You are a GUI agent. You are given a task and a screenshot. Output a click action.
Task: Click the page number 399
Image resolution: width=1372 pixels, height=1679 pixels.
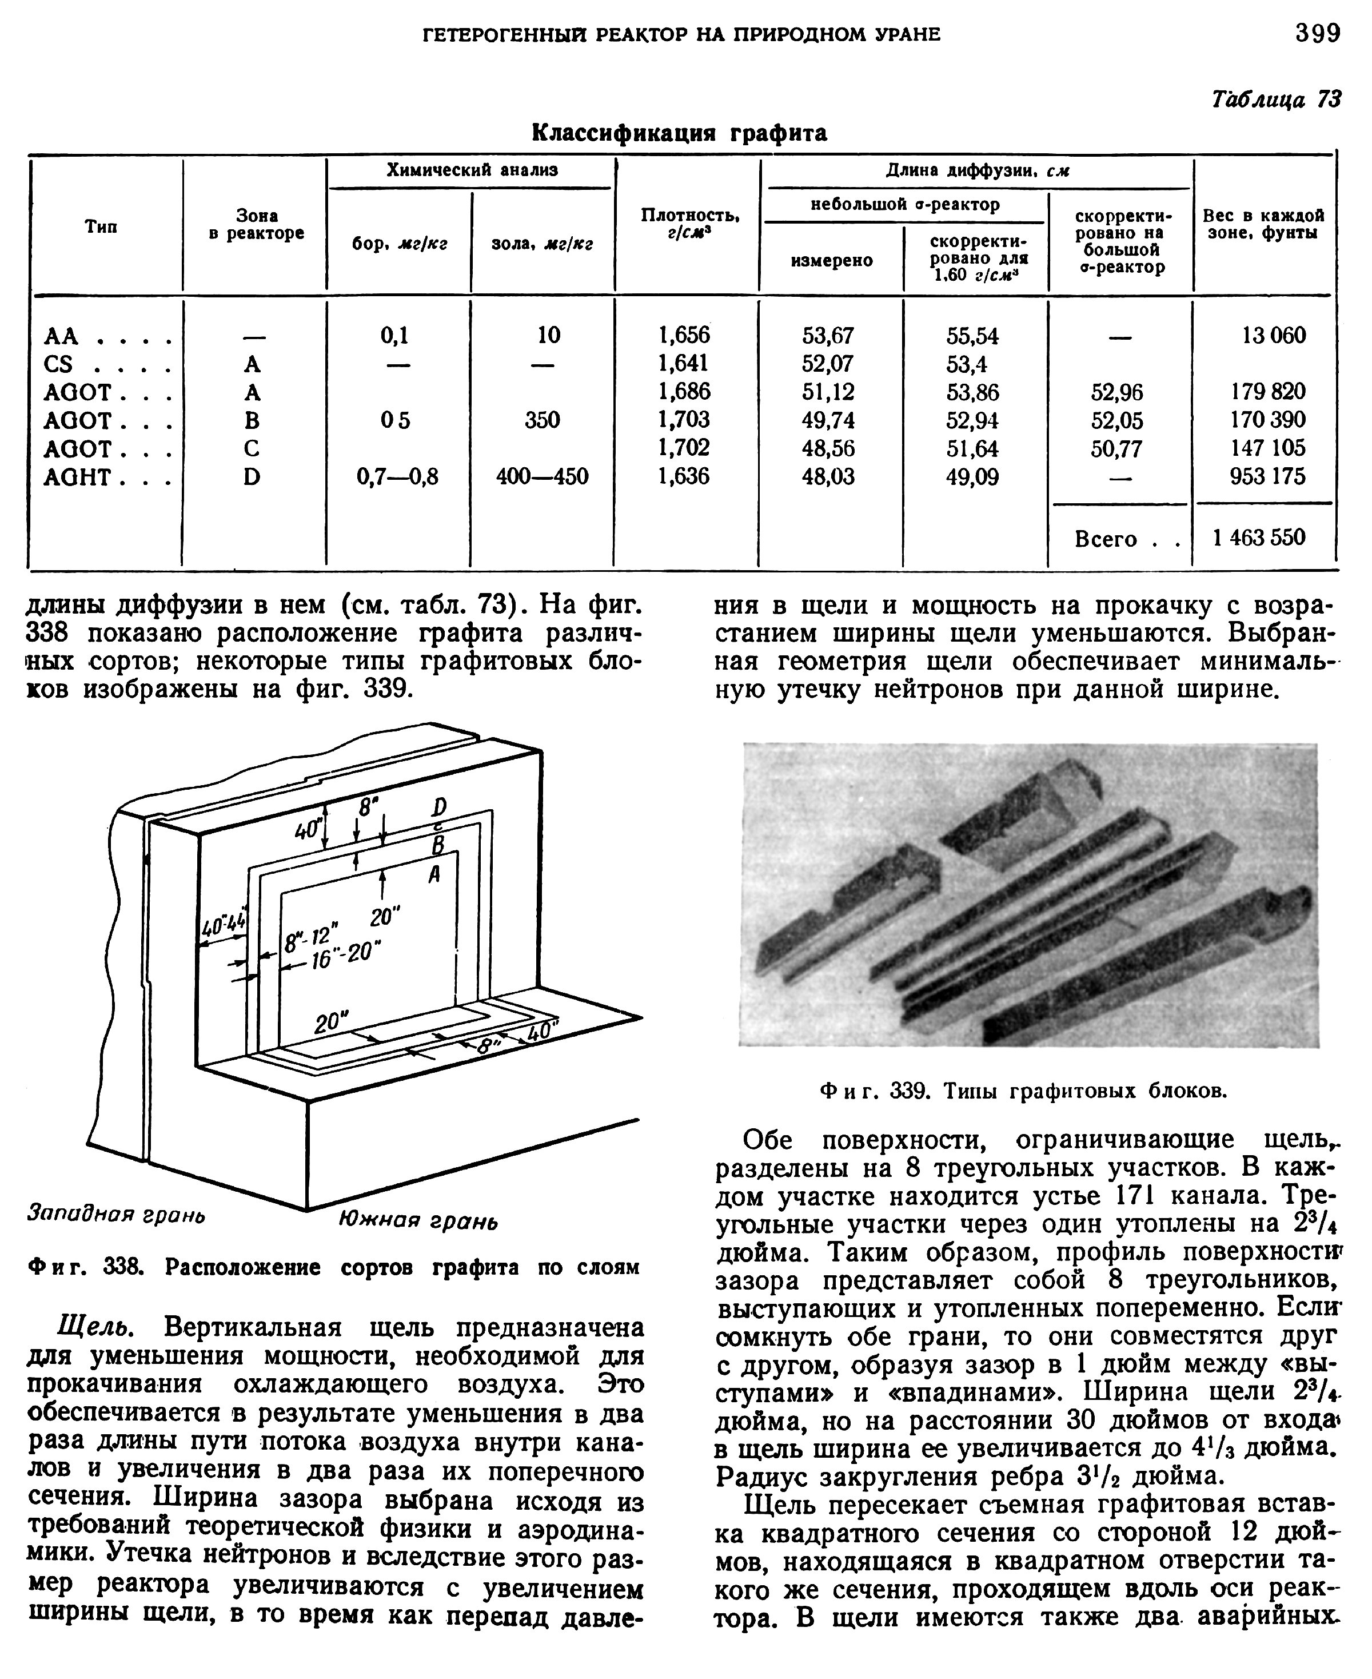point(1318,33)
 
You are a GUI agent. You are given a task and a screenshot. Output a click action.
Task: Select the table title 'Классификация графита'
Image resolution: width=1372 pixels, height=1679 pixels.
point(679,132)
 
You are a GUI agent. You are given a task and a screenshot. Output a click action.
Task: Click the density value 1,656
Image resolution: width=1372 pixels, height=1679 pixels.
point(684,335)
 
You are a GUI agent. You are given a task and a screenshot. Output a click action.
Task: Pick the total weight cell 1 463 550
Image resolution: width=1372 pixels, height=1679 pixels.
point(1260,538)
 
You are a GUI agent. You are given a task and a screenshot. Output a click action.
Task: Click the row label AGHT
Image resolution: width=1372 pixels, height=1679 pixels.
point(77,477)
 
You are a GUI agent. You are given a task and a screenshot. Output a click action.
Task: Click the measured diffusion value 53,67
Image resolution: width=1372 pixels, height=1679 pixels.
point(828,335)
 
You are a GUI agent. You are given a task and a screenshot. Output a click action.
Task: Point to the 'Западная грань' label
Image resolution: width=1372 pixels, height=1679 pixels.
point(116,1214)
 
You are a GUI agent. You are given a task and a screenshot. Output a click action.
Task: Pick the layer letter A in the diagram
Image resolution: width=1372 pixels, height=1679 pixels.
point(434,875)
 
